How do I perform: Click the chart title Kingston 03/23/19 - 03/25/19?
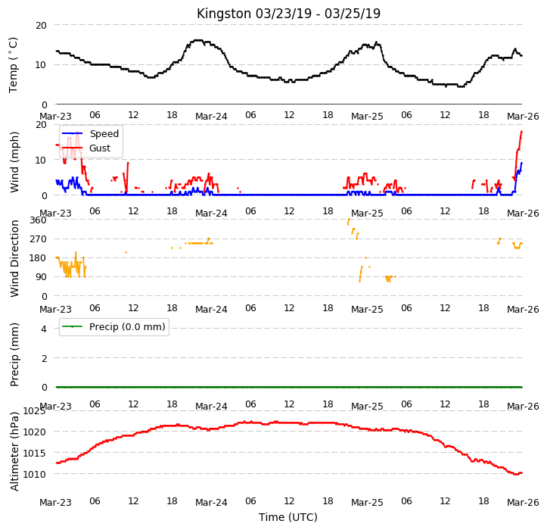pos(288,14)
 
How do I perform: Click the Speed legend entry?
pos(90,134)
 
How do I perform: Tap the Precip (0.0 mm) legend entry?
pos(113,327)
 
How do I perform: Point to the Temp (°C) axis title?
pos(14,65)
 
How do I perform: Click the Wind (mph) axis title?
pos(14,162)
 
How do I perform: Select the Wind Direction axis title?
pos(14,259)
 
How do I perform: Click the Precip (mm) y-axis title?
pos(14,355)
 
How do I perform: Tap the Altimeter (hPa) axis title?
pos(14,451)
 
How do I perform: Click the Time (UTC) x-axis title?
pos(288,517)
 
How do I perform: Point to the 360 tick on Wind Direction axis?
pos(38,220)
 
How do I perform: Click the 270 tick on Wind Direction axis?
pos(38,239)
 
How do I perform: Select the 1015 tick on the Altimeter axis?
pos(34,454)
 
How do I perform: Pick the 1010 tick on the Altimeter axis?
pos(34,475)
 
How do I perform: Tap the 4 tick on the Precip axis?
pos(44,329)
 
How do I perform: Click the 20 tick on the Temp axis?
pos(41,26)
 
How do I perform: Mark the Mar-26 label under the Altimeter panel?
pos(523,503)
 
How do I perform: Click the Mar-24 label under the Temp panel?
pos(211,117)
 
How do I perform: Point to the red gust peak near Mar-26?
pos(521,132)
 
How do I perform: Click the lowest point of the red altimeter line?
pos(517,474)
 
